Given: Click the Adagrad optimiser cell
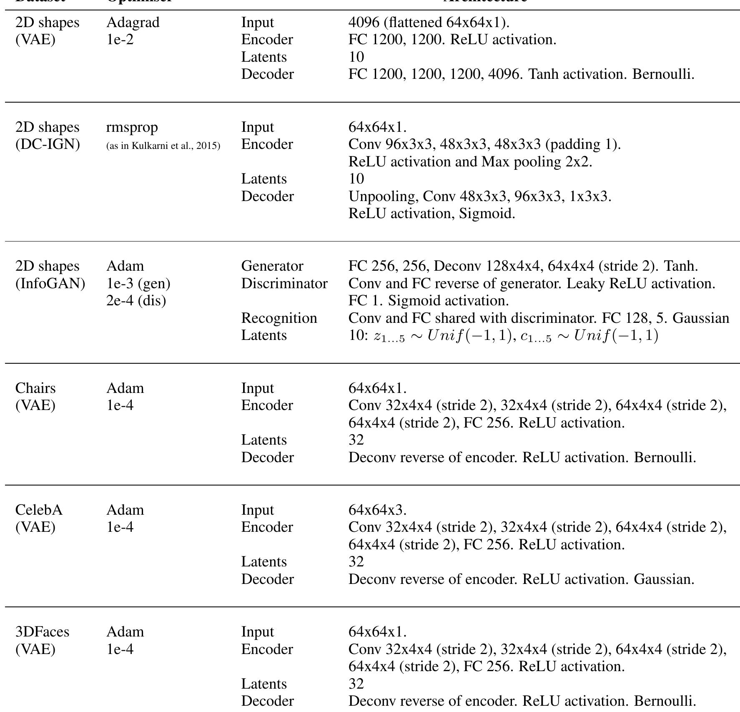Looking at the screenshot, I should pyautogui.click(x=133, y=23).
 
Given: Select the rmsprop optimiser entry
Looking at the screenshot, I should pyautogui.click(x=132, y=127).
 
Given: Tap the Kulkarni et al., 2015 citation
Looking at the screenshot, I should pyautogui.click(x=163, y=146).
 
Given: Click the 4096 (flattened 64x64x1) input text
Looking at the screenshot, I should pyautogui.click(x=429, y=23).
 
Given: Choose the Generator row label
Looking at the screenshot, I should pyautogui.click(x=272, y=266).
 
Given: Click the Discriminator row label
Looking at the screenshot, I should pyautogui.click(x=284, y=284).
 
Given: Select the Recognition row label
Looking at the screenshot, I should pyautogui.click(x=279, y=318).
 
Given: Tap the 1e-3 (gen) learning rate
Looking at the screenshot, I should pyautogui.click(x=138, y=284).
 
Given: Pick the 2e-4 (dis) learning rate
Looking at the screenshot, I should pyautogui.click(x=136, y=301).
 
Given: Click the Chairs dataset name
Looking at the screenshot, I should pyautogui.click(x=35, y=388).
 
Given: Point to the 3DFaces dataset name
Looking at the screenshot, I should pyautogui.click(x=42, y=632).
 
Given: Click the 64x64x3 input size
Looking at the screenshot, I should pyautogui.click(x=377, y=510).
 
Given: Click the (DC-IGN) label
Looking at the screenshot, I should pyautogui.click(x=48, y=145).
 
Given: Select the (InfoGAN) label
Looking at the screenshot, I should pyautogui.click(x=50, y=284).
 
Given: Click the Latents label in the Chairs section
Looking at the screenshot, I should pyautogui.click(x=264, y=440).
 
